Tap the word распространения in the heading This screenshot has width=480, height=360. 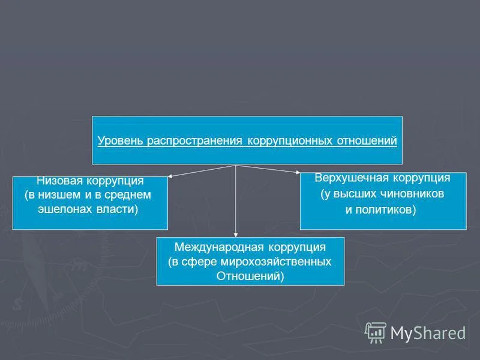(194, 141)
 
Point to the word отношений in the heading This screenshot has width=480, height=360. (367, 140)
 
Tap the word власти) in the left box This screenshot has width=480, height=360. (117, 209)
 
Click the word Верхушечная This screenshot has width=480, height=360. (352, 178)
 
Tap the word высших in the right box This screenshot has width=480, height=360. (354, 194)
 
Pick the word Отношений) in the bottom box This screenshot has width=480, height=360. (250, 276)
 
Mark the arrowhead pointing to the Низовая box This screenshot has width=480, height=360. (170, 176)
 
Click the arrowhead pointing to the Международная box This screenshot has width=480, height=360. (235, 235)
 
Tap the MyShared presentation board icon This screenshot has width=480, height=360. (375, 333)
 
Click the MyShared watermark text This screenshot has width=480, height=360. (428, 333)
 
